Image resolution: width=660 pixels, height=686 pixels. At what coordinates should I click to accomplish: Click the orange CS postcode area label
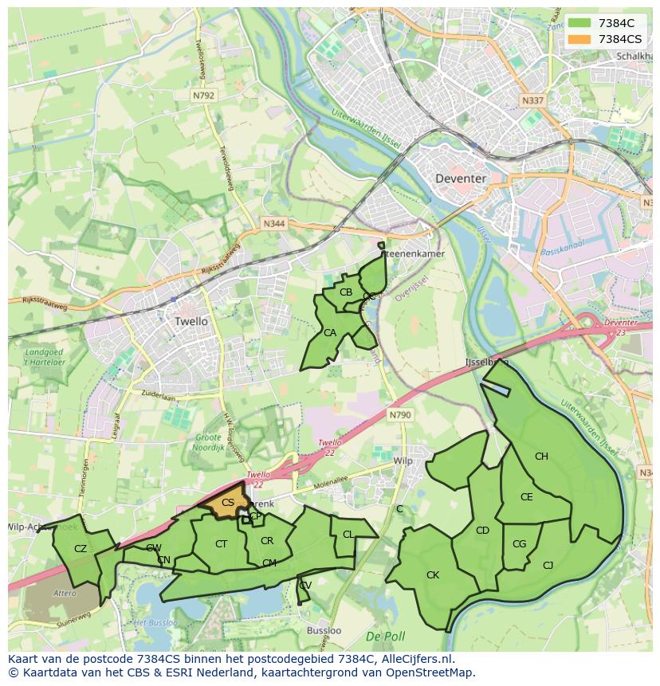tap(228, 503)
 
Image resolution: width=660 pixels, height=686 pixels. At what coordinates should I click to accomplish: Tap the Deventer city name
tap(461, 178)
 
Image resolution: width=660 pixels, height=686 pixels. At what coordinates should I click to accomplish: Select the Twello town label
tap(191, 321)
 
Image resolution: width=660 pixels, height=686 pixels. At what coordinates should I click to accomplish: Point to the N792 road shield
tap(203, 95)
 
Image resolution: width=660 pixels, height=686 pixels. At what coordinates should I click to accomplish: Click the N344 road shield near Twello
tap(273, 225)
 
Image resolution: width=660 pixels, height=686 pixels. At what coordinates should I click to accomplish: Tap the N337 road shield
tap(532, 101)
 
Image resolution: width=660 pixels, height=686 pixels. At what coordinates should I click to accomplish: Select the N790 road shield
tap(400, 415)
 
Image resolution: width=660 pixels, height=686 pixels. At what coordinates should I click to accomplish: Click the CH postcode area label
tap(541, 457)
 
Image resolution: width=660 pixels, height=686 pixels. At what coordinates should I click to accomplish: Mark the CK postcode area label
tap(433, 574)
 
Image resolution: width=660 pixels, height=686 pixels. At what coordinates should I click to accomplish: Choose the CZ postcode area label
tap(81, 548)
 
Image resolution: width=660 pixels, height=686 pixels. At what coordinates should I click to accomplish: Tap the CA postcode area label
tap(330, 332)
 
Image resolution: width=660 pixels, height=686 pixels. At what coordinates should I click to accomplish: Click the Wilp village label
tap(403, 461)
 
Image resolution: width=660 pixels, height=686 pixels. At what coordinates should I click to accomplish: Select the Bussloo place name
tap(324, 630)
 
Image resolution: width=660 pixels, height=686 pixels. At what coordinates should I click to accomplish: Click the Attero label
tap(64, 594)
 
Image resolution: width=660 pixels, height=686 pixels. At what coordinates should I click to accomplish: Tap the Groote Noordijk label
tap(208, 442)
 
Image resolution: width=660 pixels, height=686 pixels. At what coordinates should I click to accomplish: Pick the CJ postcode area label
tap(548, 565)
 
